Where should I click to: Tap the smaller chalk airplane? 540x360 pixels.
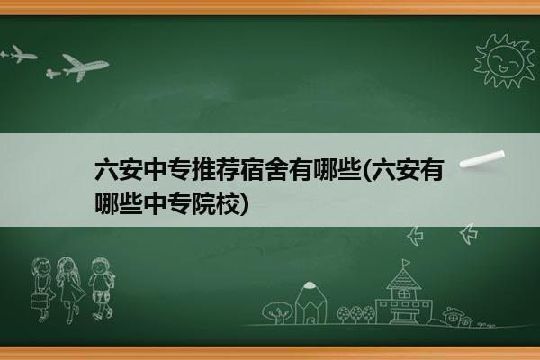[x=22, y=54]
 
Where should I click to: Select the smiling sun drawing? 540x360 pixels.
[x=505, y=61]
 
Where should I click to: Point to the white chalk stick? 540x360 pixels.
[x=482, y=159]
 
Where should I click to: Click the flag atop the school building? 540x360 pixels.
[x=407, y=263]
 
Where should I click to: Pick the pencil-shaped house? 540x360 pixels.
[x=310, y=303]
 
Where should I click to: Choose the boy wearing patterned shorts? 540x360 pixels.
[x=101, y=289]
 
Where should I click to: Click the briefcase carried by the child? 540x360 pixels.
[x=39, y=301]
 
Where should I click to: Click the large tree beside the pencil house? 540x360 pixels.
[x=276, y=312]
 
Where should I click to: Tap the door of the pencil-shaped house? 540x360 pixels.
[x=310, y=319]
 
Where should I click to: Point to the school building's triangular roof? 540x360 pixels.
[x=403, y=279]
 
